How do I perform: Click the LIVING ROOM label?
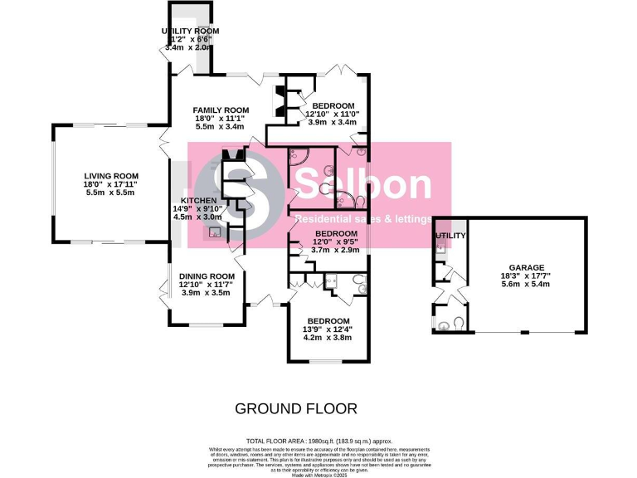click(x=110, y=175)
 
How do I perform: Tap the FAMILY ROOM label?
click(x=221, y=110)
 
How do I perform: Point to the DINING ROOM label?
click(x=207, y=276)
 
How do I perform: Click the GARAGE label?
click(x=521, y=267)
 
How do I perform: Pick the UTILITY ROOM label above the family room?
click(x=191, y=31)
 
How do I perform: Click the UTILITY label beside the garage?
click(x=451, y=237)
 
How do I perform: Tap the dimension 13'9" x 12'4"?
click(x=328, y=330)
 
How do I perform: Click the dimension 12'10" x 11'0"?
click(x=332, y=114)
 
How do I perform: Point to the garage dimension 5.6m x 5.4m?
click(x=521, y=284)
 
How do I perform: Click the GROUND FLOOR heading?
click(x=296, y=408)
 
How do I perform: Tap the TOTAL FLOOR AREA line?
click(x=318, y=441)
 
